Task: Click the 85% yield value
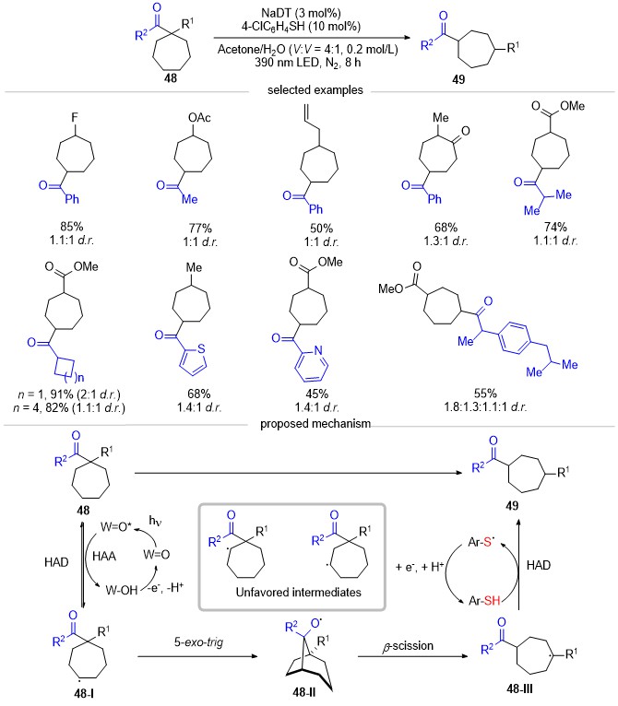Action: [72, 226]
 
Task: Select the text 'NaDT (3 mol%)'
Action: [301, 13]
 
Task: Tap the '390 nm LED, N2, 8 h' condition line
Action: [307, 62]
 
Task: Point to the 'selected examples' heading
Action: [315, 90]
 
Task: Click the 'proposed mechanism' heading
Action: [315, 424]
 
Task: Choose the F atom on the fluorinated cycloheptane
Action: [75, 118]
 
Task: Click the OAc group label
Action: [199, 118]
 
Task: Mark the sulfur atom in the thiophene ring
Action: [201, 348]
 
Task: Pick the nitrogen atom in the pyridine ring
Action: [318, 350]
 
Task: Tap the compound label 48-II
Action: [303, 692]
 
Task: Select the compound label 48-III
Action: [519, 688]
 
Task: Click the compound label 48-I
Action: [84, 693]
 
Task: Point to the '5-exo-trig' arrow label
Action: [198, 641]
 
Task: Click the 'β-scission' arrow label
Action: [408, 646]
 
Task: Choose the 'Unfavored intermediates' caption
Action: [299, 592]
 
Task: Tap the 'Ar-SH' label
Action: [484, 600]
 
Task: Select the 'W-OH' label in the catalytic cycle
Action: [121, 590]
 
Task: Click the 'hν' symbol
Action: [155, 521]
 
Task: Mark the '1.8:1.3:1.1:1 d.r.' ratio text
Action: [485, 406]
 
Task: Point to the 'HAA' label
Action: [104, 556]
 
